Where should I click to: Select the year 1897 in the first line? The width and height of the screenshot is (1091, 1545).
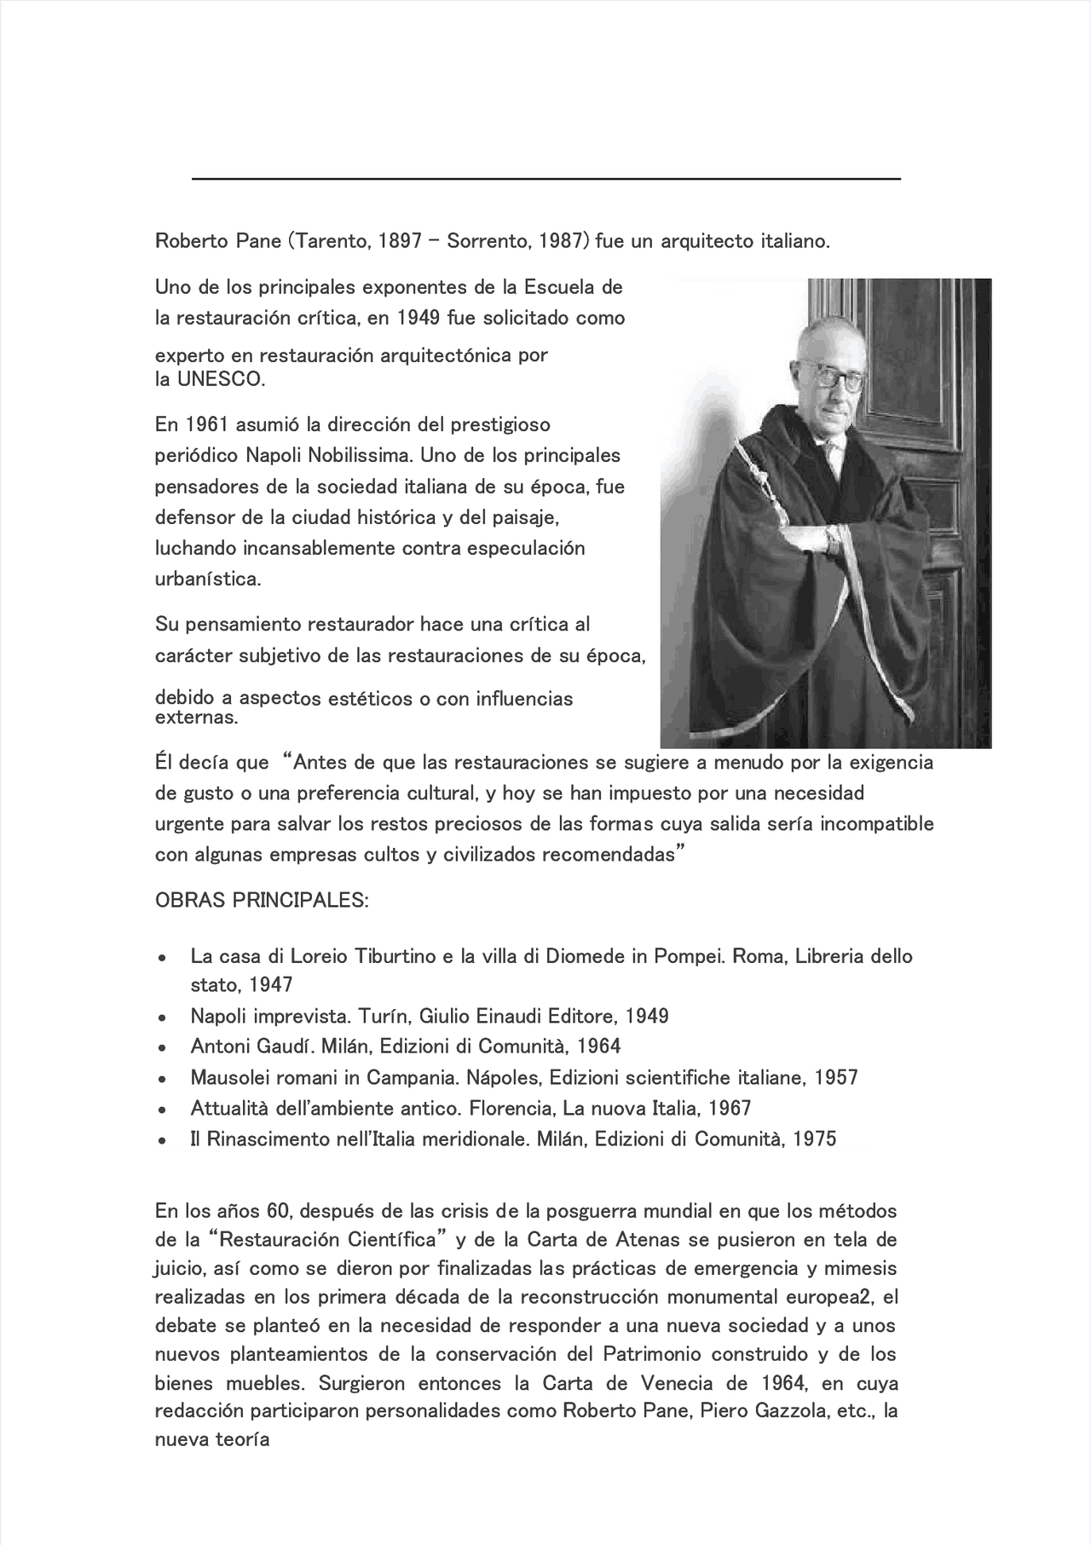tap(400, 241)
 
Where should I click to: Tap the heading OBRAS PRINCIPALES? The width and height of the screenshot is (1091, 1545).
tap(262, 901)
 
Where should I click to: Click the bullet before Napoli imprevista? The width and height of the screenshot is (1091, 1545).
tap(161, 1018)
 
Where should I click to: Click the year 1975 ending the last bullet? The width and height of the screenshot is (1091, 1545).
tap(814, 1139)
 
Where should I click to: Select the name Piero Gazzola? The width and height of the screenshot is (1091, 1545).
tap(763, 1410)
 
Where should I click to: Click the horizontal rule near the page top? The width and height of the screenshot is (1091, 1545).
tap(545, 179)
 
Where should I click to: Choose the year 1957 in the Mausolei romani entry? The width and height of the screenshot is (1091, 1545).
tap(835, 1078)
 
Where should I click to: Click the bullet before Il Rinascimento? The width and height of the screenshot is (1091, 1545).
tap(161, 1140)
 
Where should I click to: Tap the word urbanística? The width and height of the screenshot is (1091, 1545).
tap(207, 579)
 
